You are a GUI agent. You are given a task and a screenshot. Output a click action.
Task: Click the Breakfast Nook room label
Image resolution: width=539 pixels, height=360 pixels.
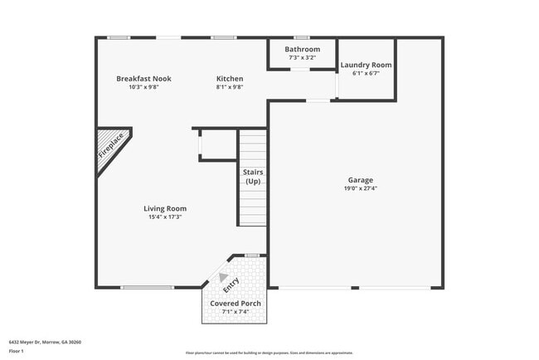pyautogui.click(x=143, y=78)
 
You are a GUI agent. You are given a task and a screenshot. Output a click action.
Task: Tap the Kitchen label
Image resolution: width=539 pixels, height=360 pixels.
pyautogui.click(x=230, y=78)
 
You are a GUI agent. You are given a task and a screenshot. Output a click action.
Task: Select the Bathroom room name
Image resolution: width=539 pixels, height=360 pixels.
pyautogui.click(x=302, y=49)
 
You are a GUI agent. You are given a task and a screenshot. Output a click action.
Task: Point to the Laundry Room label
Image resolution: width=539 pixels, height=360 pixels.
pyautogui.click(x=366, y=65)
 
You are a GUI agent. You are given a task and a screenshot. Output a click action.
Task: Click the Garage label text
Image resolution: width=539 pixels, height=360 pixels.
pyautogui.click(x=360, y=180)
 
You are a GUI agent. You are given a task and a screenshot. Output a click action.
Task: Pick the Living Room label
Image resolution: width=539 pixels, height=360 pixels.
pyautogui.click(x=168, y=208)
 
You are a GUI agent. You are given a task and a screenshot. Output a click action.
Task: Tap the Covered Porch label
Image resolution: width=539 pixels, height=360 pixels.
pyautogui.click(x=236, y=304)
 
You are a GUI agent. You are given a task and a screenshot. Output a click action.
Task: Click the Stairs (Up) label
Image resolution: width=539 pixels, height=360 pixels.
pyautogui.click(x=253, y=177)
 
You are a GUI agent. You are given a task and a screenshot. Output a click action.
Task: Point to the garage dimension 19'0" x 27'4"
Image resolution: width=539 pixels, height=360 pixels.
pyautogui.click(x=360, y=188)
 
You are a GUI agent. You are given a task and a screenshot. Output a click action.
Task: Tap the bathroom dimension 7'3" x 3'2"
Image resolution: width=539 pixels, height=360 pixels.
pyautogui.click(x=302, y=57)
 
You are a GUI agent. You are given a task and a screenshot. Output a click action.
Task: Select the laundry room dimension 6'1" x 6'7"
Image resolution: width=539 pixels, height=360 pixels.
pyautogui.click(x=366, y=73)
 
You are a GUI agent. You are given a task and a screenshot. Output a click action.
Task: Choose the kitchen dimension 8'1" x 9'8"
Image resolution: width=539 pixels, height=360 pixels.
pyautogui.click(x=230, y=86)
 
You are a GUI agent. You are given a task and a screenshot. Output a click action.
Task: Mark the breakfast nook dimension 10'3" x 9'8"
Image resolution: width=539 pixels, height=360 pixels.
pyautogui.click(x=143, y=86)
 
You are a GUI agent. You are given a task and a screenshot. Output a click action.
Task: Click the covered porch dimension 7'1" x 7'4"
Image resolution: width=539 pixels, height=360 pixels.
pyautogui.click(x=236, y=311)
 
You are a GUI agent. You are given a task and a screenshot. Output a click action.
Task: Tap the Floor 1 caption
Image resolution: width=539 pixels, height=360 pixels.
pyautogui.click(x=16, y=351)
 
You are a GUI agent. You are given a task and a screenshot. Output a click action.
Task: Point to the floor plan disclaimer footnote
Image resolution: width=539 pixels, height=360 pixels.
pyautogui.click(x=269, y=353)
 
